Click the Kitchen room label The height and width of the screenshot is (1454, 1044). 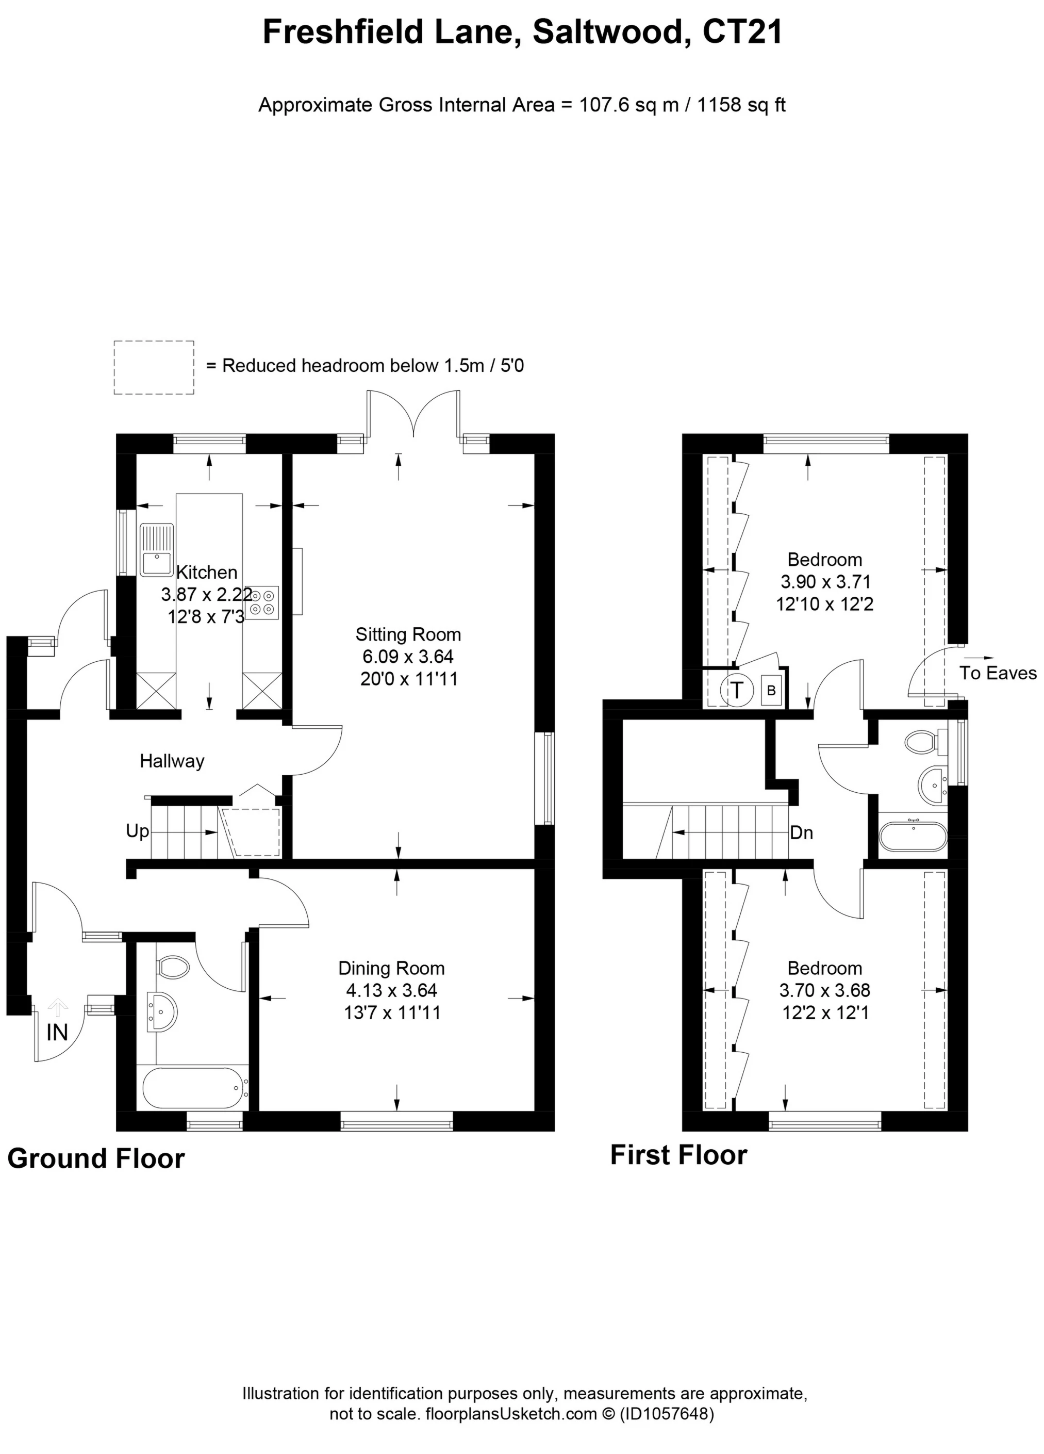(206, 572)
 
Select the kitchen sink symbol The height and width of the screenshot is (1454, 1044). (156, 550)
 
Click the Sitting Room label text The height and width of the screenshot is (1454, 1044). (408, 635)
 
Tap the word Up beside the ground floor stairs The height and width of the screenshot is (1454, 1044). (137, 831)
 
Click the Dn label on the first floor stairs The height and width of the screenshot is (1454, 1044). (801, 833)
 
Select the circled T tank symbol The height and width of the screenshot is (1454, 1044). (737, 691)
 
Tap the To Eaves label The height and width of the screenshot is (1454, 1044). (997, 673)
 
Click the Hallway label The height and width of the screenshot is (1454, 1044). (172, 762)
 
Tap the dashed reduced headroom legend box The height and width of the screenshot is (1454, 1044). (154, 367)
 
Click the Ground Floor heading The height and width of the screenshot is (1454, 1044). (96, 1159)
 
